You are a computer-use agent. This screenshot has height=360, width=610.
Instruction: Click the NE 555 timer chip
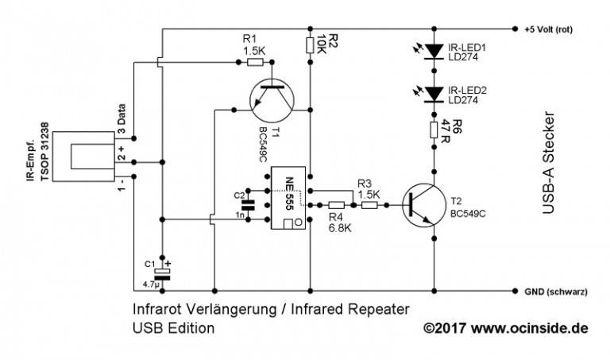pyautogui.click(x=285, y=199)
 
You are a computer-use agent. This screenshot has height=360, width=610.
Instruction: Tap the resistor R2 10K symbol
pyautogui.click(x=311, y=45)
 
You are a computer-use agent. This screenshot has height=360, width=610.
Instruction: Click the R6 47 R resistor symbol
pyautogui.click(x=434, y=131)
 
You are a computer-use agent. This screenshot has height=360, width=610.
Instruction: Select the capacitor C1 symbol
pyautogui.click(x=162, y=271)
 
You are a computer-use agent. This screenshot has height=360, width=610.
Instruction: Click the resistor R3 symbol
pyautogui.click(x=369, y=205)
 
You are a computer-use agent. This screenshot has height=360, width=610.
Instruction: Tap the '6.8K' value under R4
pyautogui.click(x=339, y=229)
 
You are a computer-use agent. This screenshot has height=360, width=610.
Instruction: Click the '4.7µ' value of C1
pyautogui.click(x=150, y=283)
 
